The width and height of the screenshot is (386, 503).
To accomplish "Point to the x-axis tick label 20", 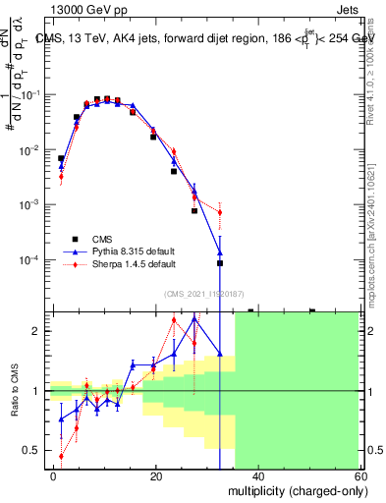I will (155, 476).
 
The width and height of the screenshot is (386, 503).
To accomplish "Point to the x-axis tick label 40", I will (257, 476).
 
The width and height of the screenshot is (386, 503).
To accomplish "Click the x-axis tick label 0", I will (53, 476).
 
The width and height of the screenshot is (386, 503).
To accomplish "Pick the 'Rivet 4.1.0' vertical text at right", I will (371, 74).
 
